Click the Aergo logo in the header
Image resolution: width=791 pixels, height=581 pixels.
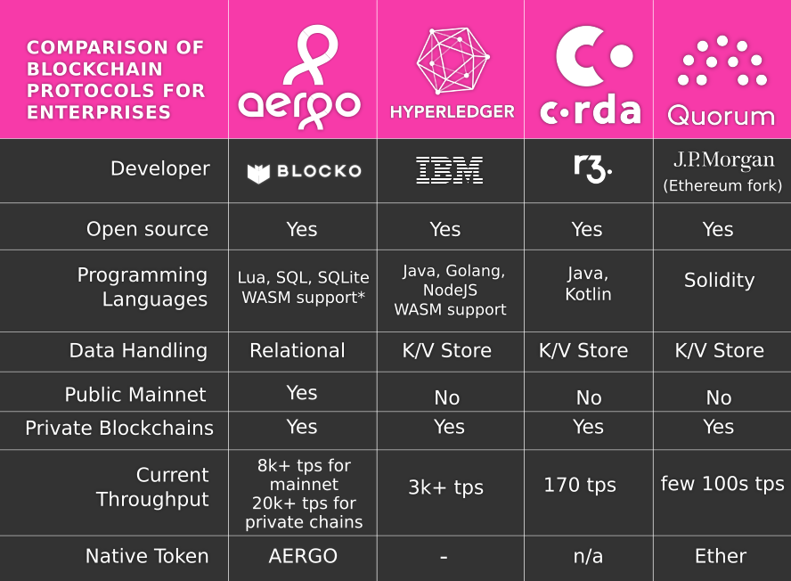300,78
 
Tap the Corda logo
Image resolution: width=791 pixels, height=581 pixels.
590,76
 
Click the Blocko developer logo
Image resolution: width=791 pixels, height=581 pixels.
304,172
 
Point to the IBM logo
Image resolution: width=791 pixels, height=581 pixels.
450,170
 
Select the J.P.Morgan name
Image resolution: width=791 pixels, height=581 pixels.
722,161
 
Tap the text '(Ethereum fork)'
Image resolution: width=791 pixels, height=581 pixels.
722,186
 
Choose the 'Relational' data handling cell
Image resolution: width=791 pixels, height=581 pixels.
298,351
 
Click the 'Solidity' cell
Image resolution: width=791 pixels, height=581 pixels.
719,281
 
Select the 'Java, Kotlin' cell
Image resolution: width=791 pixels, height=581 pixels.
588,283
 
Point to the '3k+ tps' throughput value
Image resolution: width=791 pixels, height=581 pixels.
445,488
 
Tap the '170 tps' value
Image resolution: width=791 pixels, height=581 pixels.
580,486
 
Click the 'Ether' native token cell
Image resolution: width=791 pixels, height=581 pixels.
720,557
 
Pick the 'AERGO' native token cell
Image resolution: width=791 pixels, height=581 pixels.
303,557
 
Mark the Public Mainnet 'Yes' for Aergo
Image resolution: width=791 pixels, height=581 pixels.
302,393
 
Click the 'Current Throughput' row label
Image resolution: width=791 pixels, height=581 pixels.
152,487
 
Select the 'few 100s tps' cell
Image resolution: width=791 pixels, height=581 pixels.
722,484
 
